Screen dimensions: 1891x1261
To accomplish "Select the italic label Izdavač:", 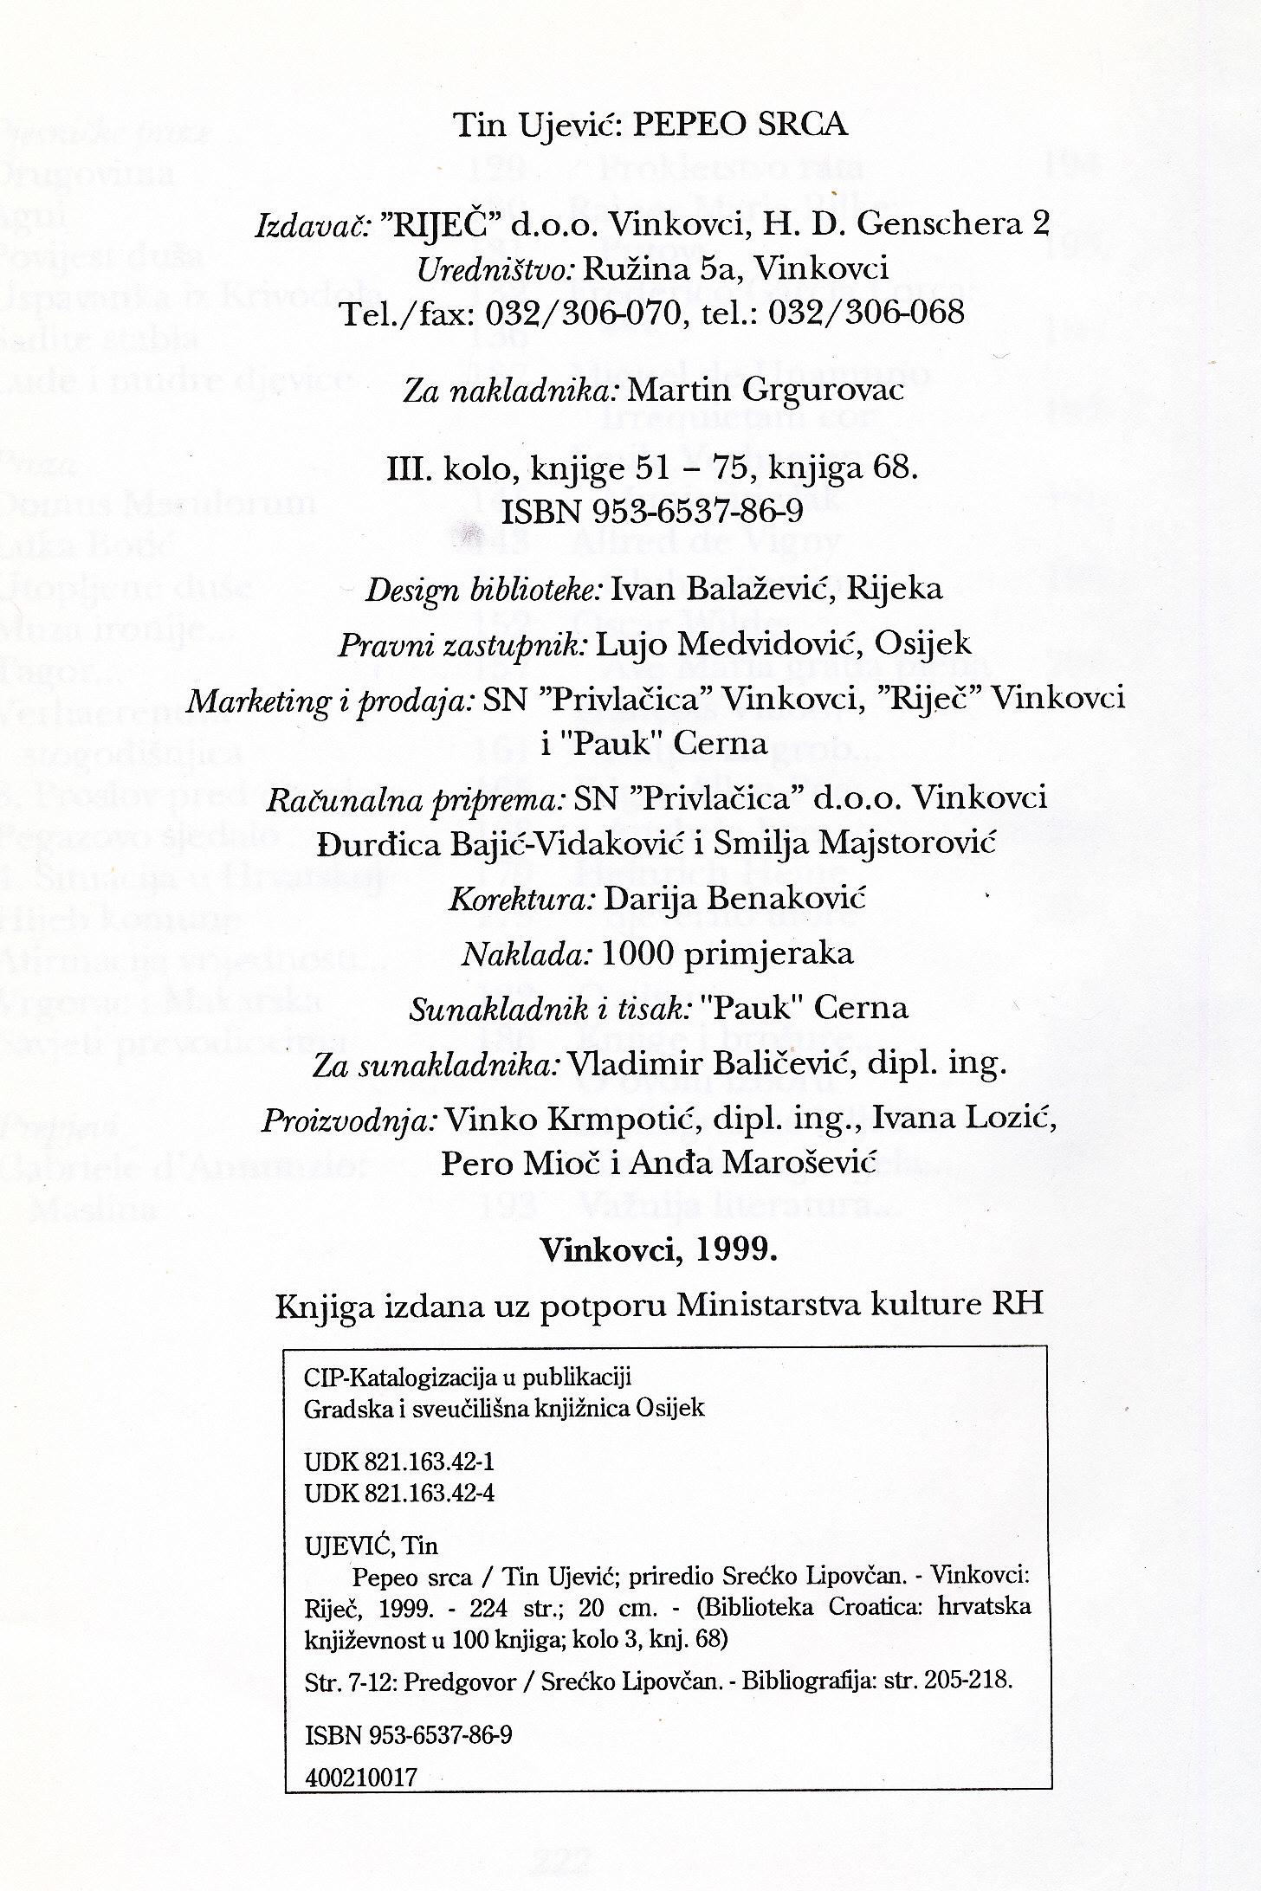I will (x=313, y=226).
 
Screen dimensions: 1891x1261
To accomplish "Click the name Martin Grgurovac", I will (x=765, y=390).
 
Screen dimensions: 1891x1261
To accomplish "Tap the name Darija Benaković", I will (x=734, y=898).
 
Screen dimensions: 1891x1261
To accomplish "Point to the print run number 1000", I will (x=637, y=953).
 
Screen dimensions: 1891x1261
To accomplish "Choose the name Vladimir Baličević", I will (x=711, y=1062).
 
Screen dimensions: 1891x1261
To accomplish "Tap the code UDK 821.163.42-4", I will (x=399, y=1493).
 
